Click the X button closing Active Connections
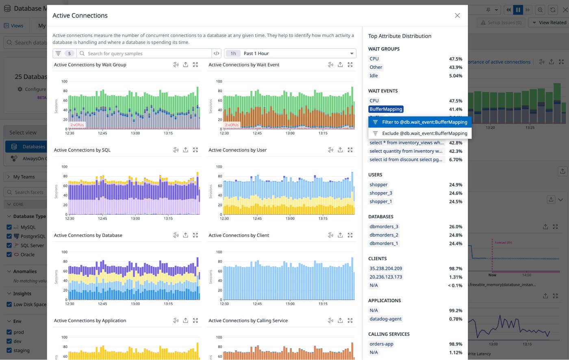pos(457,15)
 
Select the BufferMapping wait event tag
pos(386,109)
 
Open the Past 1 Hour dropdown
pos(290,53)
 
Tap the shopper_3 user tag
pos(380,193)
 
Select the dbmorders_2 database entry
pos(384,235)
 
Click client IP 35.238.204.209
pos(385,268)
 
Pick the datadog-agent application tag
pos(385,319)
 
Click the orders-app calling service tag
pos(381,344)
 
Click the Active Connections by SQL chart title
pos(82,150)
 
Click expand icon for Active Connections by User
pos(350,150)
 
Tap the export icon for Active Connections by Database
pos(185,235)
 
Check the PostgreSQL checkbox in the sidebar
pos(9,236)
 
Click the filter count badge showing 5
pos(69,53)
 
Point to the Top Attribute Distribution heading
pos(400,36)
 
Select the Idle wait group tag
pos(374,76)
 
